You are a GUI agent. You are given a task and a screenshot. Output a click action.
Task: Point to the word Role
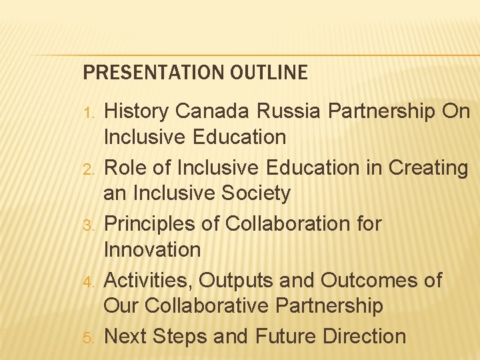127,168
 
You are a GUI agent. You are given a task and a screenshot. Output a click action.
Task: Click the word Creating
428,168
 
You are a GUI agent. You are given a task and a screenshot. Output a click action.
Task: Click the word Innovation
152,251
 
